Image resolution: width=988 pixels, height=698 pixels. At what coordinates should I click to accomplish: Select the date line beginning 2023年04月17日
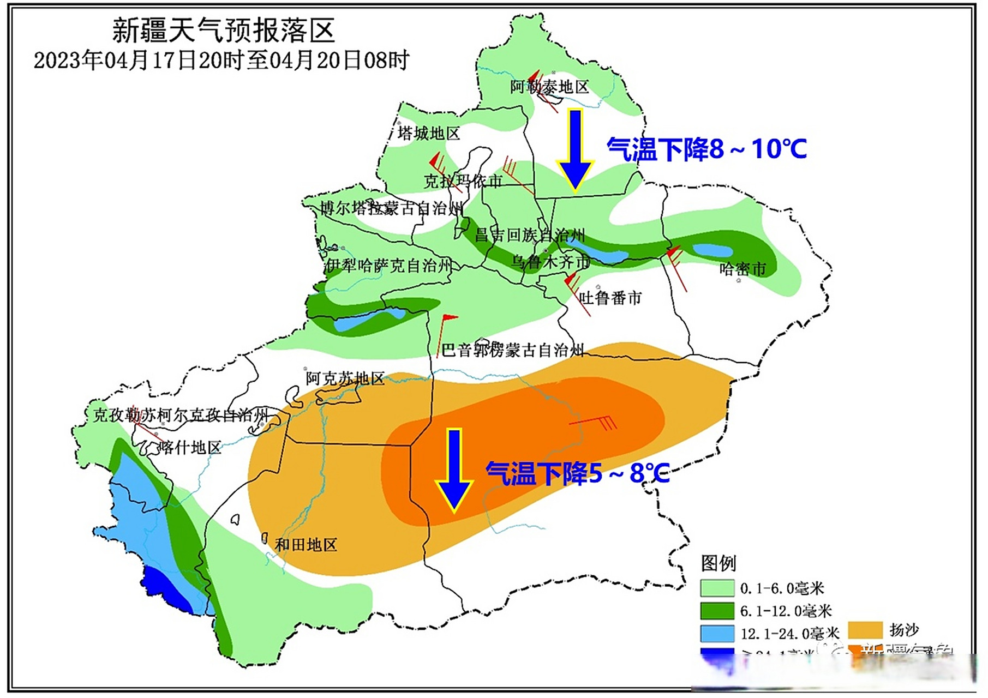(221, 60)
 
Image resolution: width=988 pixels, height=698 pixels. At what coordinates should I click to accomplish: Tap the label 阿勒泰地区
(549, 87)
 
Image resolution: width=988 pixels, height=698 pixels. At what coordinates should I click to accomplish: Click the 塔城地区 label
(428, 133)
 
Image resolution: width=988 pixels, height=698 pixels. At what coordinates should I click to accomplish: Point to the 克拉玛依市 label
(463, 181)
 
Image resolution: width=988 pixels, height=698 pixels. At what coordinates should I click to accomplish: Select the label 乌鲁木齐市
(550, 262)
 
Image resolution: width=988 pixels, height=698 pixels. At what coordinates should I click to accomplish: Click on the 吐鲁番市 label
(610, 298)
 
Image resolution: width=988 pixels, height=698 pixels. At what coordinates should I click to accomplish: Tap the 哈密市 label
(743, 269)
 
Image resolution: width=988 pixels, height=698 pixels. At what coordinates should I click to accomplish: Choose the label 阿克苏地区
(345, 378)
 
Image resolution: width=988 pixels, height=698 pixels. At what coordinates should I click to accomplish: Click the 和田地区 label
(306, 545)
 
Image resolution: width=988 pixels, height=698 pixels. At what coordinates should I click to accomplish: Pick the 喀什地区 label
(190, 448)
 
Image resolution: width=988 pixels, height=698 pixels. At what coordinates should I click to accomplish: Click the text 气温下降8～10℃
(706, 149)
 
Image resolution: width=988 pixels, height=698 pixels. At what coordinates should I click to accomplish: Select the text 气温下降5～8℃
(577, 473)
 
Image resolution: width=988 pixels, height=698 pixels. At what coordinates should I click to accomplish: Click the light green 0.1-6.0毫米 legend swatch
(717, 588)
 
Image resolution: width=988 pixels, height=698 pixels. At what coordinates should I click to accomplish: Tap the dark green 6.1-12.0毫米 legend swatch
(717, 611)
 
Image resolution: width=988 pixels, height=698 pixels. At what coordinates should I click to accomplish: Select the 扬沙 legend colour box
(865, 630)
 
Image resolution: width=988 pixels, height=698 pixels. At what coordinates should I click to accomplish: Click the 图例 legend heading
(718, 563)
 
